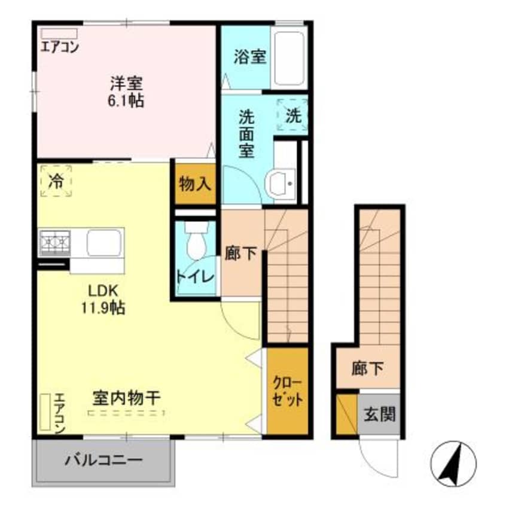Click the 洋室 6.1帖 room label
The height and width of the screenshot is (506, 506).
click(x=126, y=92)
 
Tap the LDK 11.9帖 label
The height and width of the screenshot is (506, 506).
click(x=106, y=300)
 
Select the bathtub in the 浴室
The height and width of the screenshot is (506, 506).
click(x=290, y=57)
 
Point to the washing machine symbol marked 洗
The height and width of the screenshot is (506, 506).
click(x=293, y=116)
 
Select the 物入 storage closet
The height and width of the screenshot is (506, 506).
click(x=195, y=184)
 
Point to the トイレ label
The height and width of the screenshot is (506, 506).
click(x=195, y=276)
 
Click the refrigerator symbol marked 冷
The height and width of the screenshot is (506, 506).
click(x=56, y=181)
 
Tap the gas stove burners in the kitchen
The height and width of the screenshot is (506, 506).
click(x=55, y=243)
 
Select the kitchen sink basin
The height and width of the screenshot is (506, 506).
click(x=104, y=243)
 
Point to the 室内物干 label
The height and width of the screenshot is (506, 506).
click(x=126, y=398)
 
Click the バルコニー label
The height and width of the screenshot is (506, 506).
click(x=104, y=461)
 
